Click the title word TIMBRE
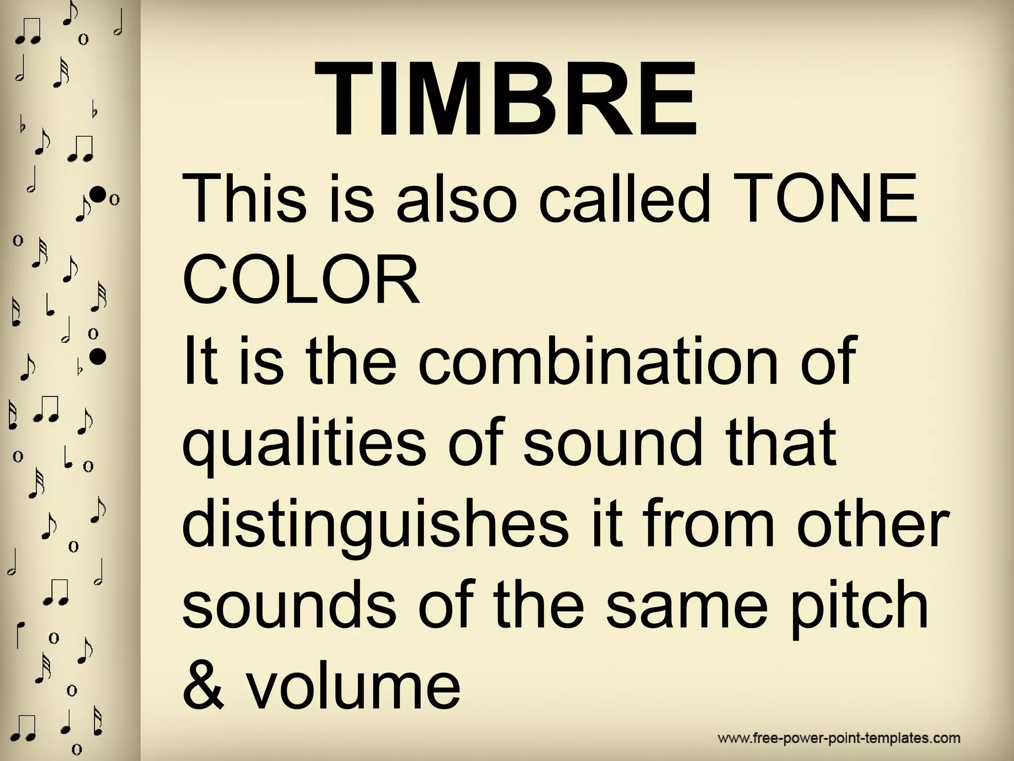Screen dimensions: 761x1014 [505, 99]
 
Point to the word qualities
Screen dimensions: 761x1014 [305, 443]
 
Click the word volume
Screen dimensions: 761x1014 [354, 686]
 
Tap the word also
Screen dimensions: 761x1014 [456, 200]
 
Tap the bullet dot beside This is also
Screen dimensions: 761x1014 [99, 194]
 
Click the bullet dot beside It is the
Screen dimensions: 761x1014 [98, 355]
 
